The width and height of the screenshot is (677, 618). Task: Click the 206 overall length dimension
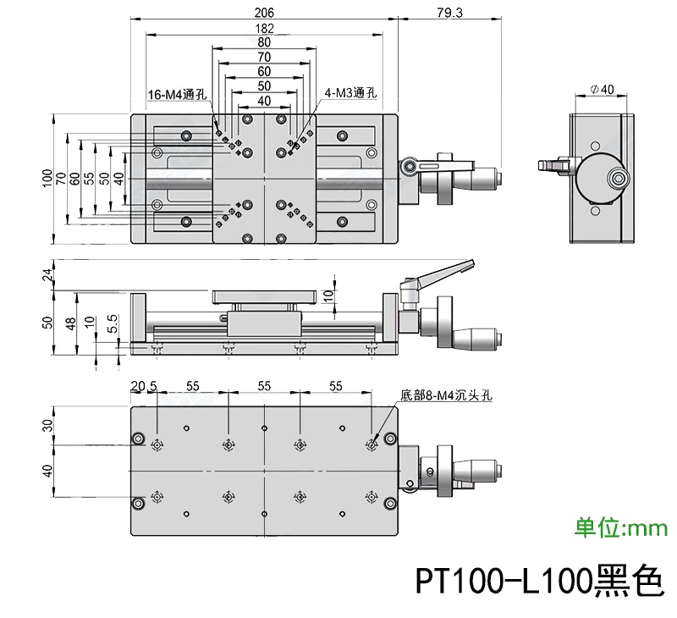tap(264, 13)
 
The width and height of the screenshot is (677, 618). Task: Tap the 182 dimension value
tap(264, 28)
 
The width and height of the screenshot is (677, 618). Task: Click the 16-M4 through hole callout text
tap(177, 95)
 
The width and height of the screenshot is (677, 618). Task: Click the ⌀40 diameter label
tap(602, 90)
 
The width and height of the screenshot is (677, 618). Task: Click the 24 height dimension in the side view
tap(48, 274)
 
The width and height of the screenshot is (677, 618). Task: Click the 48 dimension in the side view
tap(71, 323)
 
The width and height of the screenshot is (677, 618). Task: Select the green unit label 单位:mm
tap(621, 529)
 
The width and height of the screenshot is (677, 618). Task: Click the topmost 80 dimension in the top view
tap(264, 42)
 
